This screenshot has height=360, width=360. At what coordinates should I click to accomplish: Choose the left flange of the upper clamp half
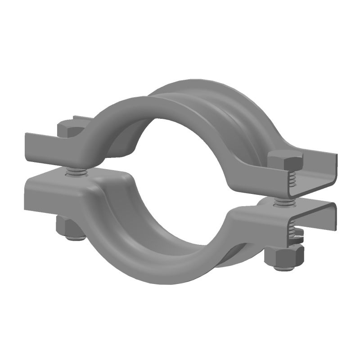coord(49,145)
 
